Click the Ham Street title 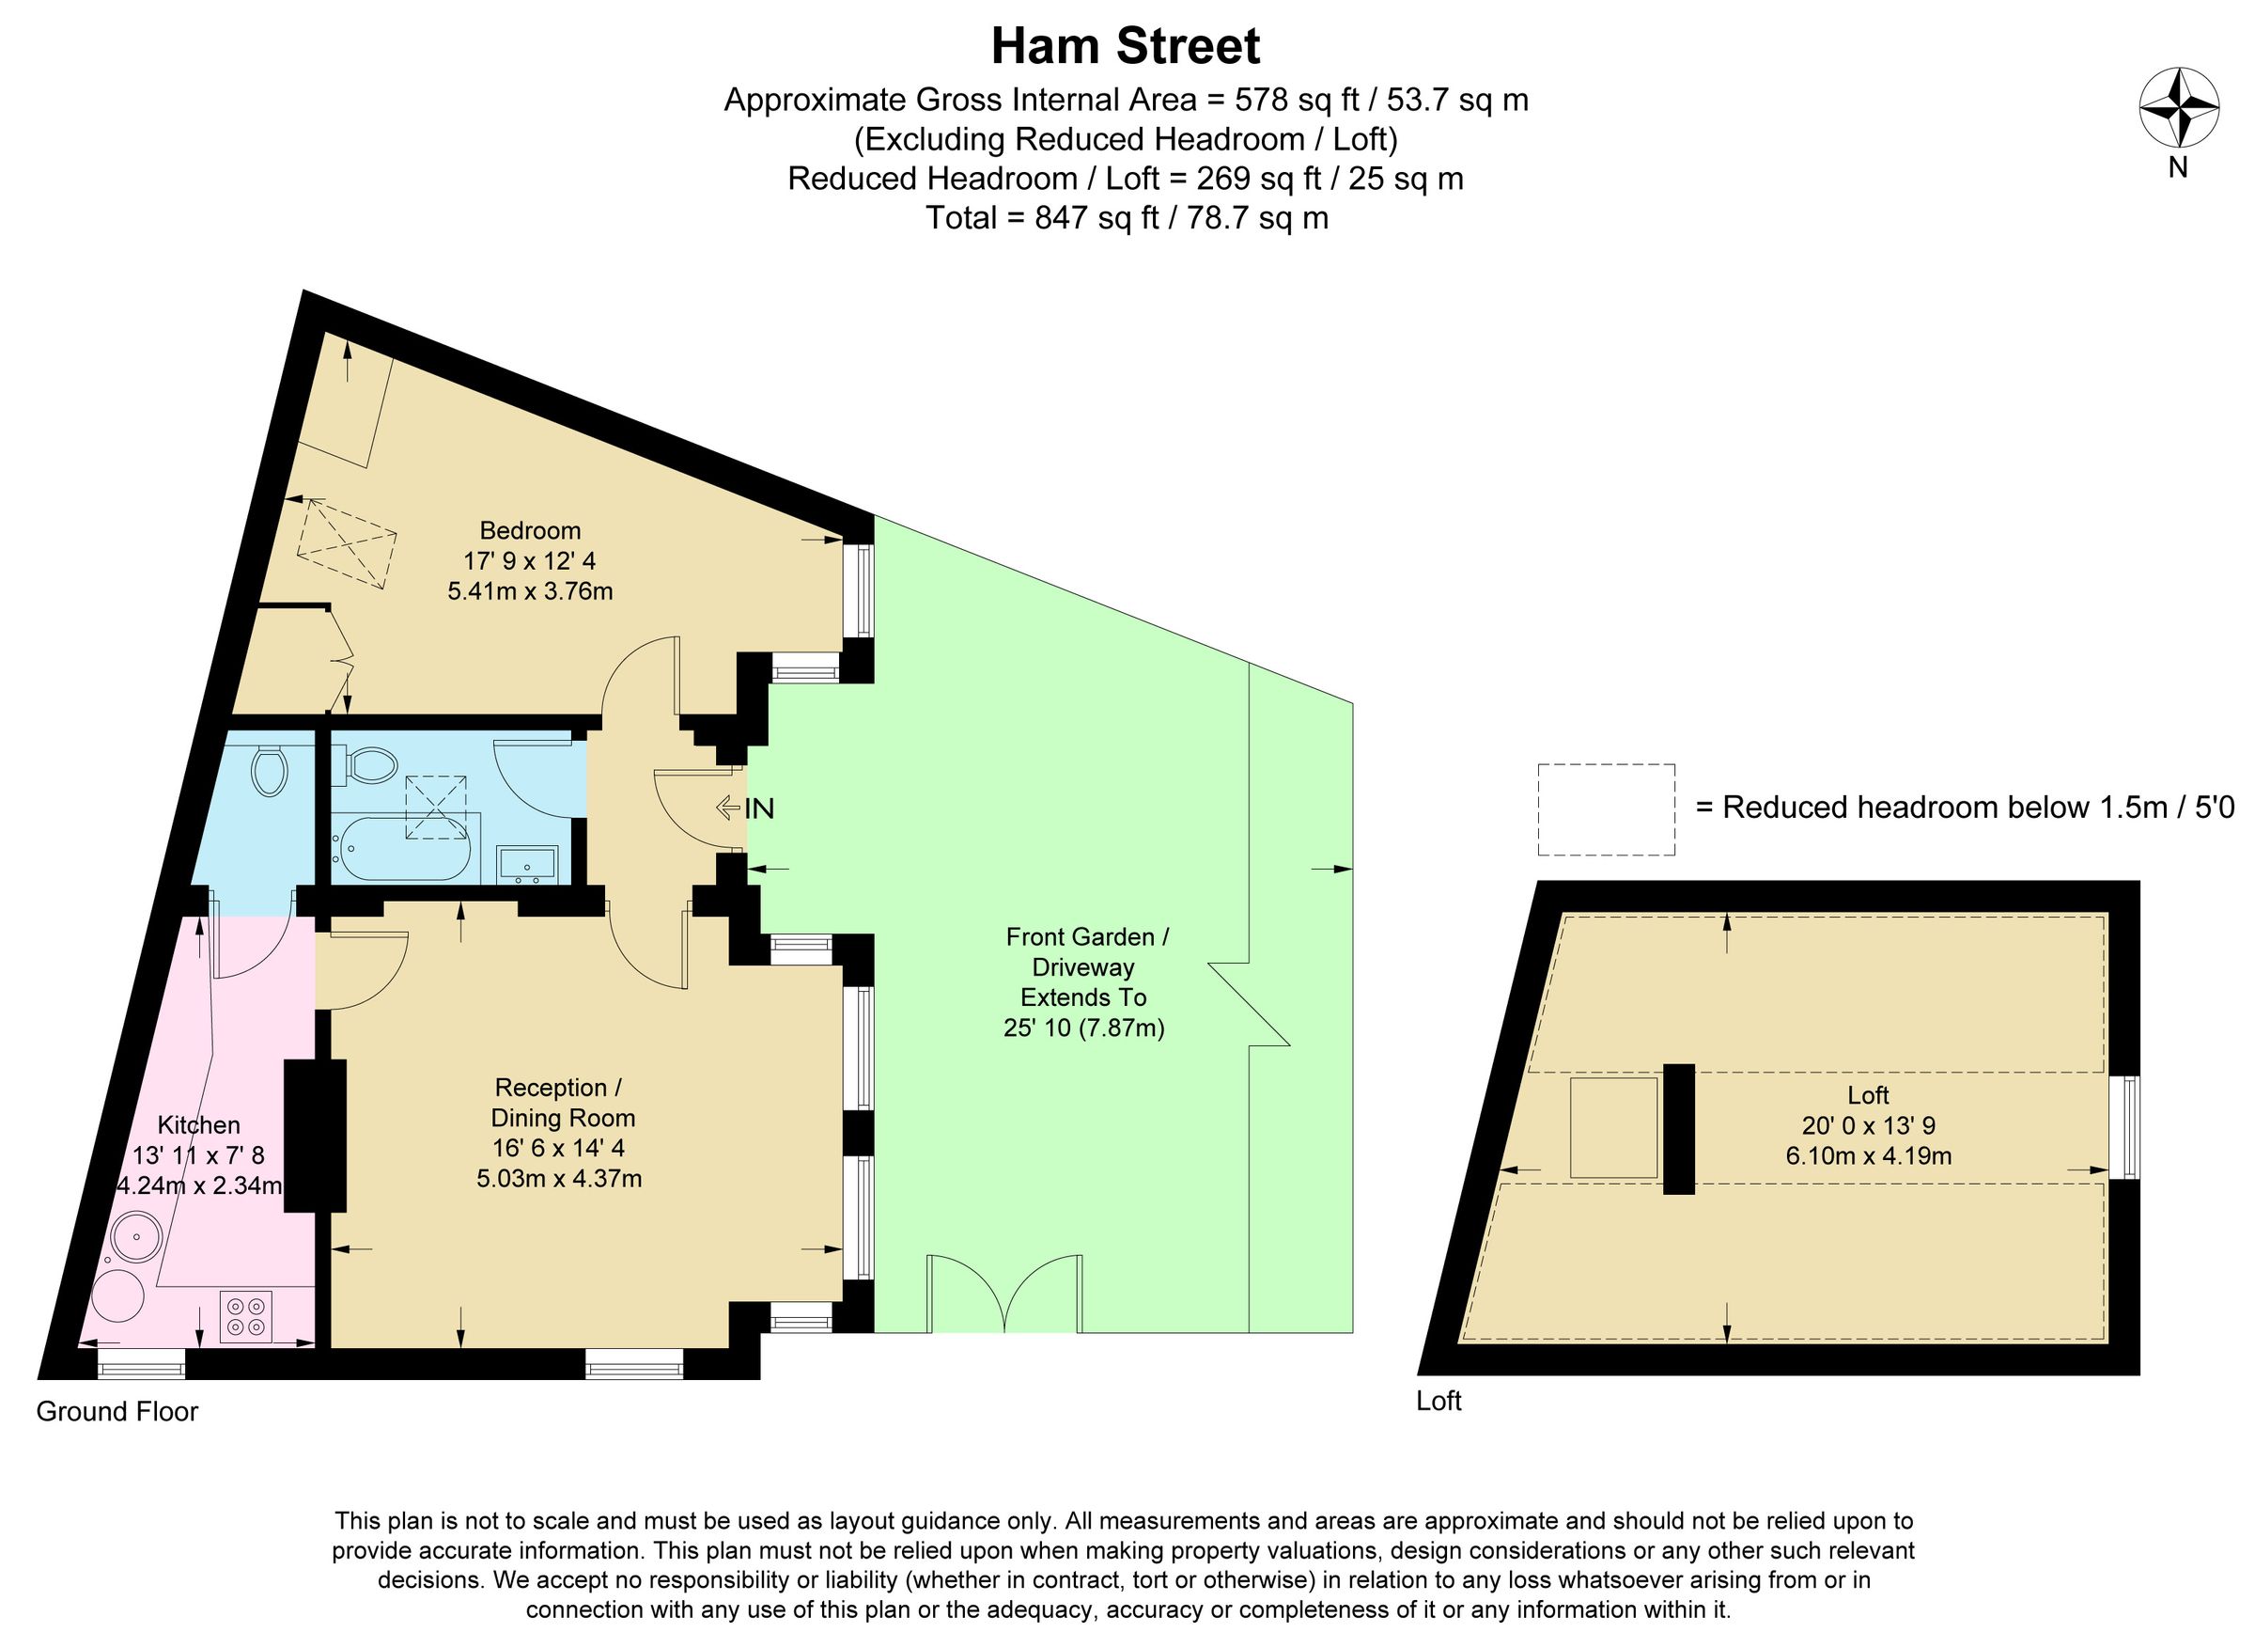coord(1126,47)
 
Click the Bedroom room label coord(530,530)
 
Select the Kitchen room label coord(199,1124)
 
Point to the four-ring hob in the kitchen coord(245,1317)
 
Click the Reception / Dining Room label coord(562,1102)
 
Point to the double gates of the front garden coord(1004,1293)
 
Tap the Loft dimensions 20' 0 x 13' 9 coord(1867,1124)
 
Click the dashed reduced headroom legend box coord(1605,808)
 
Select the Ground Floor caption coord(117,1411)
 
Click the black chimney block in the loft coord(1678,1129)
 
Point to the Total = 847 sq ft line coord(1126,218)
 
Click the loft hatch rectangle coord(1612,1128)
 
